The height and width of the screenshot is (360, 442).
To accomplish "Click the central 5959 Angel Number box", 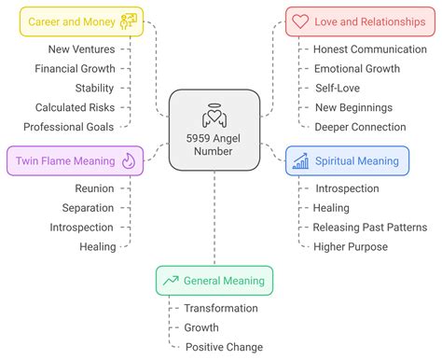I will click(x=214, y=130).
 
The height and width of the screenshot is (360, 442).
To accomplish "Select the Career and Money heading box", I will click(x=81, y=21).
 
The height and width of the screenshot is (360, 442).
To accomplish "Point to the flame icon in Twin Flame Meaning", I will click(x=128, y=161).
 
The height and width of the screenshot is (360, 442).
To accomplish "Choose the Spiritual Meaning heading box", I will click(x=347, y=161).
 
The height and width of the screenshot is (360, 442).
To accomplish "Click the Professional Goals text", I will click(x=69, y=127).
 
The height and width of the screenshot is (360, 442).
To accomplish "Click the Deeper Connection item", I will click(x=360, y=127).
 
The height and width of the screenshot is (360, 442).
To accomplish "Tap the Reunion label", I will click(x=95, y=187).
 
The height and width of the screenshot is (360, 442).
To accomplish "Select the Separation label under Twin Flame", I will click(x=89, y=207).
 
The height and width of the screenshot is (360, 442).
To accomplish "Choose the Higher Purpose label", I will click(x=351, y=246).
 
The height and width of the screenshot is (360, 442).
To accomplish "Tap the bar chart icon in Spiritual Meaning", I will click(x=300, y=161).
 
